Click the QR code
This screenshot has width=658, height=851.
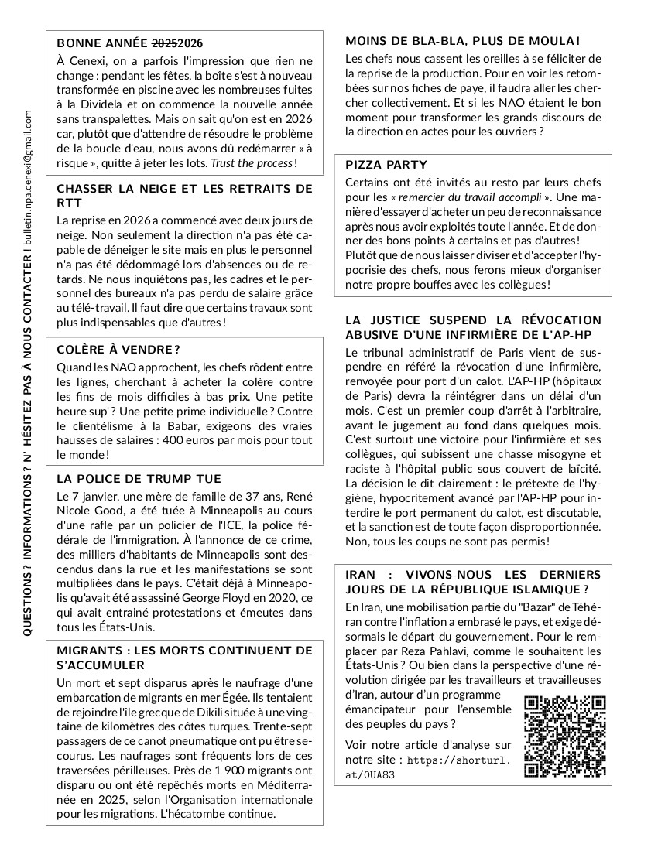tap(564, 736)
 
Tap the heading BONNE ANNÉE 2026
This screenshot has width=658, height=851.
tap(130, 43)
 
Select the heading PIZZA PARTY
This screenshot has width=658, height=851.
tap(386, 165)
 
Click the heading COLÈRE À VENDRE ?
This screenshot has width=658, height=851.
tap(118, 350)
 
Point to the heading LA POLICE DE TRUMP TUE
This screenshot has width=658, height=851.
tap(139, 479)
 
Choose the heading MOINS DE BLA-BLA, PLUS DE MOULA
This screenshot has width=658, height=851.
tap(462, 40)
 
